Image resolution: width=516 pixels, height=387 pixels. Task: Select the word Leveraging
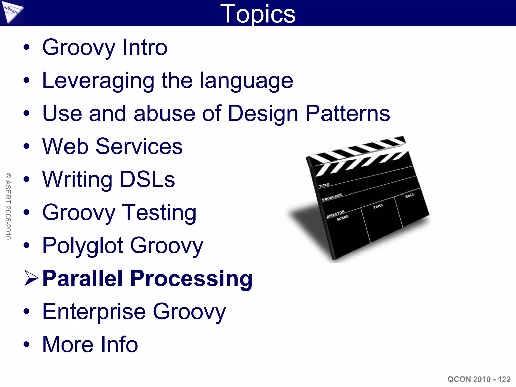(x=98, y=81)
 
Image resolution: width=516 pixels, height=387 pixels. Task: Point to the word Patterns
(x=347, y=113)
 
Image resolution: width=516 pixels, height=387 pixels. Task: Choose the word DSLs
(x=147, y=179)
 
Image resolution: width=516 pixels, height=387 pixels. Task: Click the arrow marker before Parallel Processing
(x=31, y=278)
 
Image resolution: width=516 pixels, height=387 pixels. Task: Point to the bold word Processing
(x=191, y=279)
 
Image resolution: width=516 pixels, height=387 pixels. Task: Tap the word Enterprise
(x=94, y=312)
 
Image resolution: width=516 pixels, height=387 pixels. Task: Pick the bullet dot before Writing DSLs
(x=26, y=179)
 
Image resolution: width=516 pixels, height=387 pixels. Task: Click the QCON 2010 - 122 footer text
(x=479, y=379)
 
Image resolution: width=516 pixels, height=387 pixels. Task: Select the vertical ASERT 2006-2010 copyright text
(x=8, y=206)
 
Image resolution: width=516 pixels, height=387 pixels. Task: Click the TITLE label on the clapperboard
(x=324, y=185)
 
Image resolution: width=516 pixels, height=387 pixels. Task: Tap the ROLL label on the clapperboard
(x=410, y=196)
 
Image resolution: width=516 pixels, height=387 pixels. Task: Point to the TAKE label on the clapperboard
(x=378, y=206)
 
